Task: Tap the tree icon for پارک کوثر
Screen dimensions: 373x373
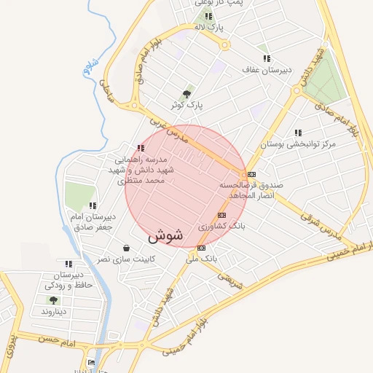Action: click(x=188, y=94)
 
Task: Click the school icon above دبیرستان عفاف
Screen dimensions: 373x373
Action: click(x=267, y=58)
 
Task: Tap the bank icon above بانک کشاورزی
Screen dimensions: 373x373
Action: click(x=222, y=215)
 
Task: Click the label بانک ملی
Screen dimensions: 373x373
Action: click(x=201, y=259)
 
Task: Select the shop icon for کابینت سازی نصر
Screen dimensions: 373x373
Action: click(x=127, y=248)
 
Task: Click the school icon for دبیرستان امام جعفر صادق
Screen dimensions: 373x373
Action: click(x=92, y=205)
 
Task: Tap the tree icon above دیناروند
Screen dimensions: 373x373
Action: click(x=52, y=299)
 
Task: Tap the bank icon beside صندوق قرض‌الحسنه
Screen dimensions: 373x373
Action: click(x=251, y=174)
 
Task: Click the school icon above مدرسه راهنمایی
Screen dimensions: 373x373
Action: click(x=140, y=148)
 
